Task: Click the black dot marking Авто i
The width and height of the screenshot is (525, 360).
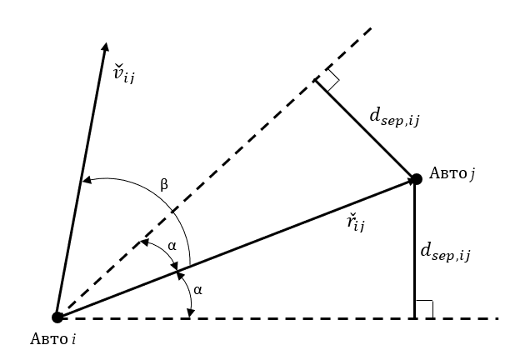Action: (x=57, y=317)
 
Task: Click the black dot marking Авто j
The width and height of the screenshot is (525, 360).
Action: (x=415, y=178)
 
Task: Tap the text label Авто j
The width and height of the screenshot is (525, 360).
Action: (x=452, y=173)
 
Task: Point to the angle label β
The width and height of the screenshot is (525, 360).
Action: (x=163, y=184)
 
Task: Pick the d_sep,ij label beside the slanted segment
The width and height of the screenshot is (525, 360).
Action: (x=394, y=117)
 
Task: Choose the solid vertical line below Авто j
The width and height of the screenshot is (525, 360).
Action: (x=415, y=250)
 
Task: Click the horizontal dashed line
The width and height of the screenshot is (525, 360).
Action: (x=250, y=317)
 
